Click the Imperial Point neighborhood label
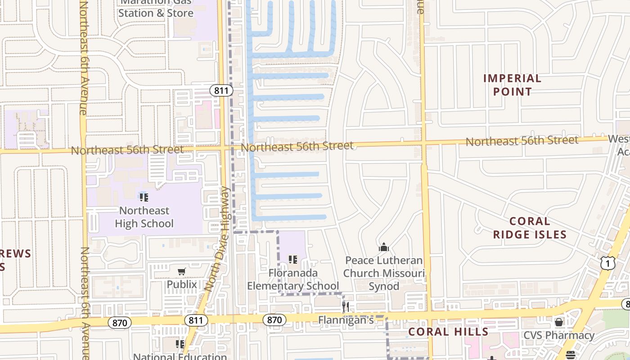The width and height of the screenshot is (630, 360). tap(512, 85)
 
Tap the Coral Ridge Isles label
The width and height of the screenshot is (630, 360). tap(530, 228)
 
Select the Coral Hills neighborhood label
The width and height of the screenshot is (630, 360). tap(448, 332)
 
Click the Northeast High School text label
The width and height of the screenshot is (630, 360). tap(144, 217)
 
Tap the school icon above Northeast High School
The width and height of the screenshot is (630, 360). tap(144, 197)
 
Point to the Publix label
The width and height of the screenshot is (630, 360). tap(182, 284)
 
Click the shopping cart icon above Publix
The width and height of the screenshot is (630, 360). tap(181, 271)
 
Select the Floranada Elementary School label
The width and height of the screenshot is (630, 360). tap(293, 279)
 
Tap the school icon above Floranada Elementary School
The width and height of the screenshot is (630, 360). tap(293, 260)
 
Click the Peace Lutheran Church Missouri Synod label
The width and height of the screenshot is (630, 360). tap(384, 273)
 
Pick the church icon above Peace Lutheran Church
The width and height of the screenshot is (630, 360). tap(384, 247)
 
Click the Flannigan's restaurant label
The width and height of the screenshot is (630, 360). tap(346, 320)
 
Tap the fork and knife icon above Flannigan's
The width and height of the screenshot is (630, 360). tap(346, 307)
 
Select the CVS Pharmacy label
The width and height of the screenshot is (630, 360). tap(559, 335)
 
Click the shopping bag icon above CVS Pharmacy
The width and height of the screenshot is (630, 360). tap(559, 322)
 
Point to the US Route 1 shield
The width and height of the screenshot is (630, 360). tap(607, 263)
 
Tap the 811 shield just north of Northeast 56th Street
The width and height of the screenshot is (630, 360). tap(221, 90)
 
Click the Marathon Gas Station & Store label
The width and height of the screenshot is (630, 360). tap(156, 9)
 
